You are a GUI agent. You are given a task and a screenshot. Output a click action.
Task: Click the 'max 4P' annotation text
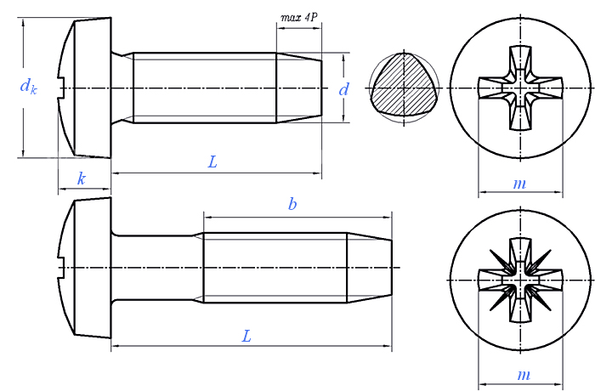point(298,18)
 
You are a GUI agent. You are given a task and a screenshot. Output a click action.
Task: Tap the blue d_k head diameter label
point(28,86)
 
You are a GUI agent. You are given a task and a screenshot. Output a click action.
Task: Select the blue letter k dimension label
point(82,178)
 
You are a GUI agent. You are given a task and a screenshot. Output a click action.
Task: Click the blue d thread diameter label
point(343,89)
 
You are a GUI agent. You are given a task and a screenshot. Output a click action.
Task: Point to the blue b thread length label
point(292,204)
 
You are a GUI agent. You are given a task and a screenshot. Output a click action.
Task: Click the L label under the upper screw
point(212,162)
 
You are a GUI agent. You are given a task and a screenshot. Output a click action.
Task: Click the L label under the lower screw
point(246,336)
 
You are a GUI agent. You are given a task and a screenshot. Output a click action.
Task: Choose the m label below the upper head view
point(519,184)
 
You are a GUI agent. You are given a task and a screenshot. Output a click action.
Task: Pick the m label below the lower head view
point(524,375)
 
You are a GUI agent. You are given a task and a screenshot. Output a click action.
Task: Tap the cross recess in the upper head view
point(520,88)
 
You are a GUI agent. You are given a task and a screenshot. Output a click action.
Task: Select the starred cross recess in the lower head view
point(520,280)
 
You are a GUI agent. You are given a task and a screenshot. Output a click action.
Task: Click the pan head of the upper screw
point(84,88)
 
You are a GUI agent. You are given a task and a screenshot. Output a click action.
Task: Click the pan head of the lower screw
point(84,267)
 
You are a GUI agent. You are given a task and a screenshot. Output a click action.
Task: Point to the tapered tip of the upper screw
point(299,88)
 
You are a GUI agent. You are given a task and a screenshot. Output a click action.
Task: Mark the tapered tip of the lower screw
point(369,268)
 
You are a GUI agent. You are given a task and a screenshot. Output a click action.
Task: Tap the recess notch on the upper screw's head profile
point(61,88)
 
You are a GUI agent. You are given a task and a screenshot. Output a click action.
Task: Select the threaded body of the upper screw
point(205,88)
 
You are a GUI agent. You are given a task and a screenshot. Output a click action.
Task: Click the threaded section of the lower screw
point(275,268)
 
